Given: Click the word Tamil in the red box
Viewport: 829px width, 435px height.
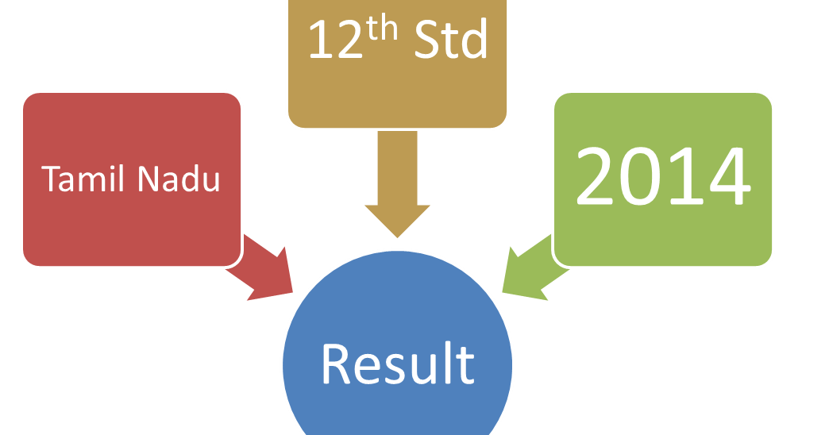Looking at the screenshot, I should [x=86, y=179].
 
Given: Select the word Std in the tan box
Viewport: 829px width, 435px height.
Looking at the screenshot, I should [x=450, y=41].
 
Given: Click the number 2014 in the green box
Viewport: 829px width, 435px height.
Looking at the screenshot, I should [x=663, y=177].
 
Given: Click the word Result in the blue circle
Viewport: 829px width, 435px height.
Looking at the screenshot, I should [x=397, y=364].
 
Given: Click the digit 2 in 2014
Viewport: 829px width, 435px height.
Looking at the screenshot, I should [x=597, y=177].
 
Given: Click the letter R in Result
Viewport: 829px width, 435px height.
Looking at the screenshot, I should [x=337, y=364].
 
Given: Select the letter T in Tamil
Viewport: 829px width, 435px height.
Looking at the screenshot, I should [x=51, y=179].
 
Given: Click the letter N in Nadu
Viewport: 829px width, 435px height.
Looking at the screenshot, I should [x=148, y=179].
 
